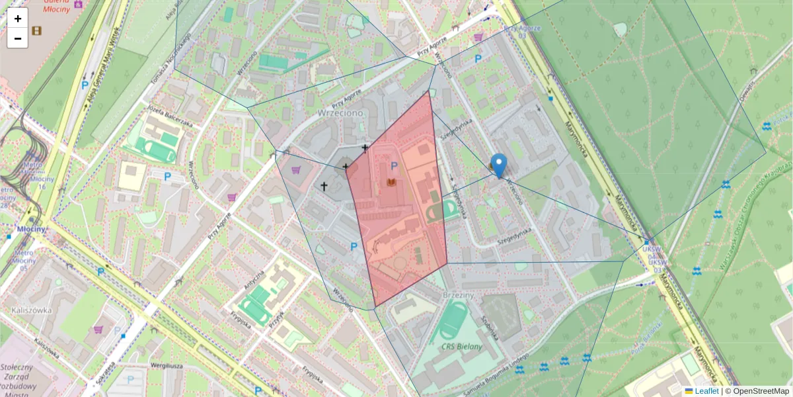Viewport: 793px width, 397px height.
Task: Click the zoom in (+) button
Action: pos(18,19)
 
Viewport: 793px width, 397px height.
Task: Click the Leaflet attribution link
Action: pos(706,391)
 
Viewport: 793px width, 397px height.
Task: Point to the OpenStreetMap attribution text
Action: pos(761,391)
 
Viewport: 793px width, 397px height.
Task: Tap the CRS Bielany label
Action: pos(463,346)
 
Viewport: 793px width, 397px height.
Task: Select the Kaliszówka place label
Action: pos(31,310)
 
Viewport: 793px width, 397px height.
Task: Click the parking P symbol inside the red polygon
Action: pos(395,166)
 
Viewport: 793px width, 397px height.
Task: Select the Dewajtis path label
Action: pos(747,90)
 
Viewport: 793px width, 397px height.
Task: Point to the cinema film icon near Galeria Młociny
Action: pos(36,30)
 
